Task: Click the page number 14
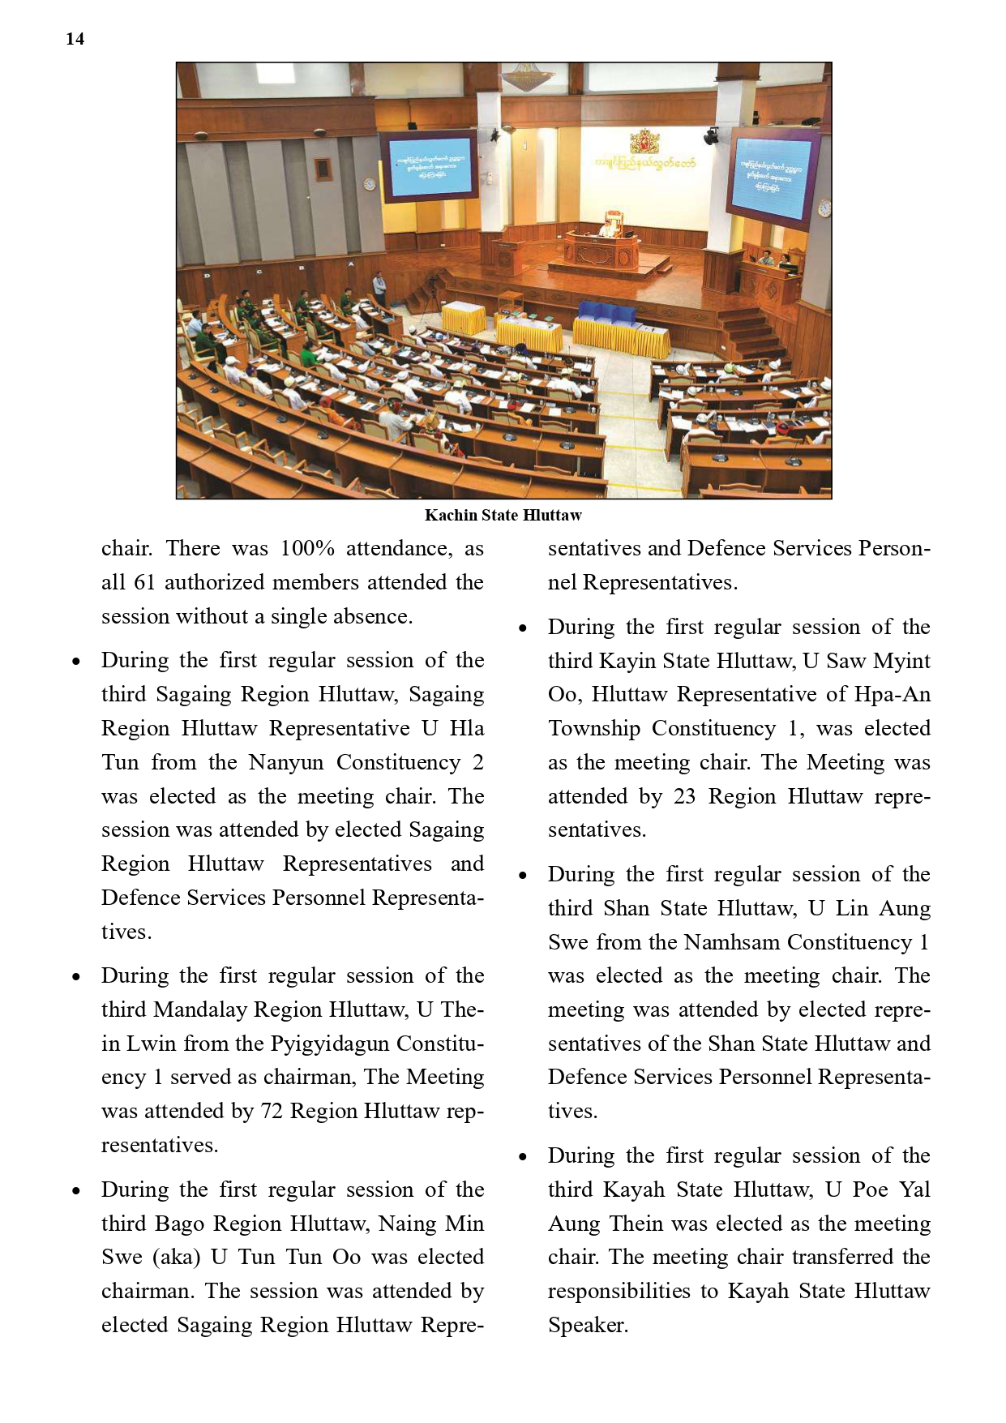click(x=75, y=39)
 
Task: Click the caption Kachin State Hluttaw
click(x=503, y=515)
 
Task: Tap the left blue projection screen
click(x=430, y=165)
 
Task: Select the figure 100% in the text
click(x=307, y=549)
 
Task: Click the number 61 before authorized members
click(x=144, y=583)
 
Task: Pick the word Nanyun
click(x=286, y=763)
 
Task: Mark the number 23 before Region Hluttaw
click(x=684, y=797)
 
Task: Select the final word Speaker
click(x=588, y=1326)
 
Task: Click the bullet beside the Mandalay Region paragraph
click(x=76, y=977)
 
